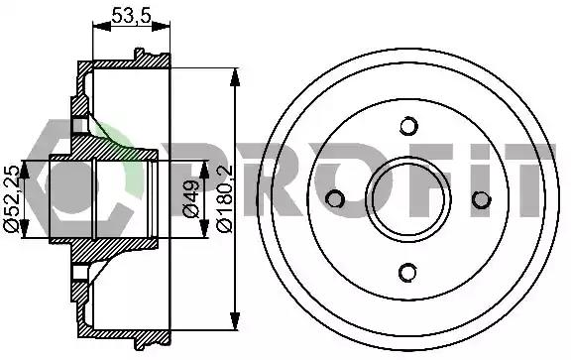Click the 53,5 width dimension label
(131, 16)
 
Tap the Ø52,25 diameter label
(12, 198)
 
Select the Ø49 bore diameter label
(191, 199)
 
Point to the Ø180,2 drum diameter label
(224, 198)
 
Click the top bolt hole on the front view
(408, 126)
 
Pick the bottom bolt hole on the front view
(407, 272)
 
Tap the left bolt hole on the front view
(335, 199)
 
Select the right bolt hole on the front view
(482, 199)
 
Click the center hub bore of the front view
(408, 199)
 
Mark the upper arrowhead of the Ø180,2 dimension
(235, 77)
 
